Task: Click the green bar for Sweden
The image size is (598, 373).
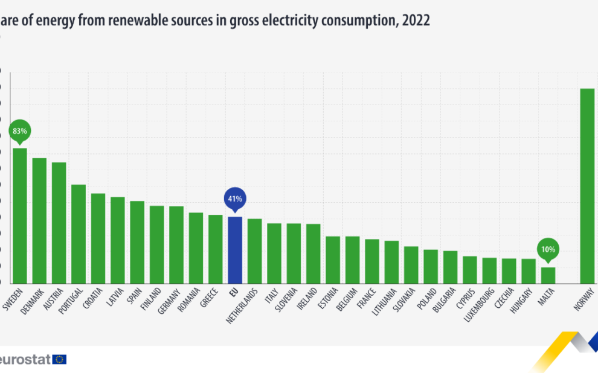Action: click(20, 215)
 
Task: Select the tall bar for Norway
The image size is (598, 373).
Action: click(587, 186)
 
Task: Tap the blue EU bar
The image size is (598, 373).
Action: click(235, 250)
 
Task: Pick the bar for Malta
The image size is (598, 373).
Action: click(548, 275)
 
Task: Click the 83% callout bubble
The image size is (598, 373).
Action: click(20, 131)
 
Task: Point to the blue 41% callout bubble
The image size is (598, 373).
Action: click(235, 199)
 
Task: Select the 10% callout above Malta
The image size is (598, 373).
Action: click(548, 249)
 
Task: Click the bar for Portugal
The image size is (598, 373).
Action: click(79, 234)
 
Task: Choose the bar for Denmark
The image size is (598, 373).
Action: click(39, 220)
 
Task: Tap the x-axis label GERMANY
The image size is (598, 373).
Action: click(176, 300)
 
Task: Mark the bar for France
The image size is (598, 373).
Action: click(372, 261)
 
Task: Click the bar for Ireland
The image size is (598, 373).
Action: click(313, 253)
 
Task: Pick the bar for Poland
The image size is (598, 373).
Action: click(431, 266)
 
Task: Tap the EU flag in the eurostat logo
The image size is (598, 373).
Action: click(59, 359)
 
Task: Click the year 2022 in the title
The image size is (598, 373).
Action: click(415, 20)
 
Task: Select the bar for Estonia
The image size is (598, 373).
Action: click(333, 260)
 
